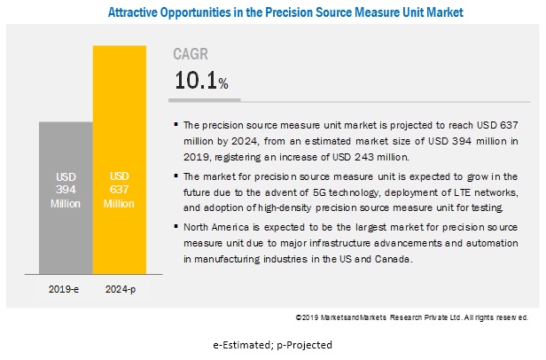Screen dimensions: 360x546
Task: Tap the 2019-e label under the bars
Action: click(x=65, y=289)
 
